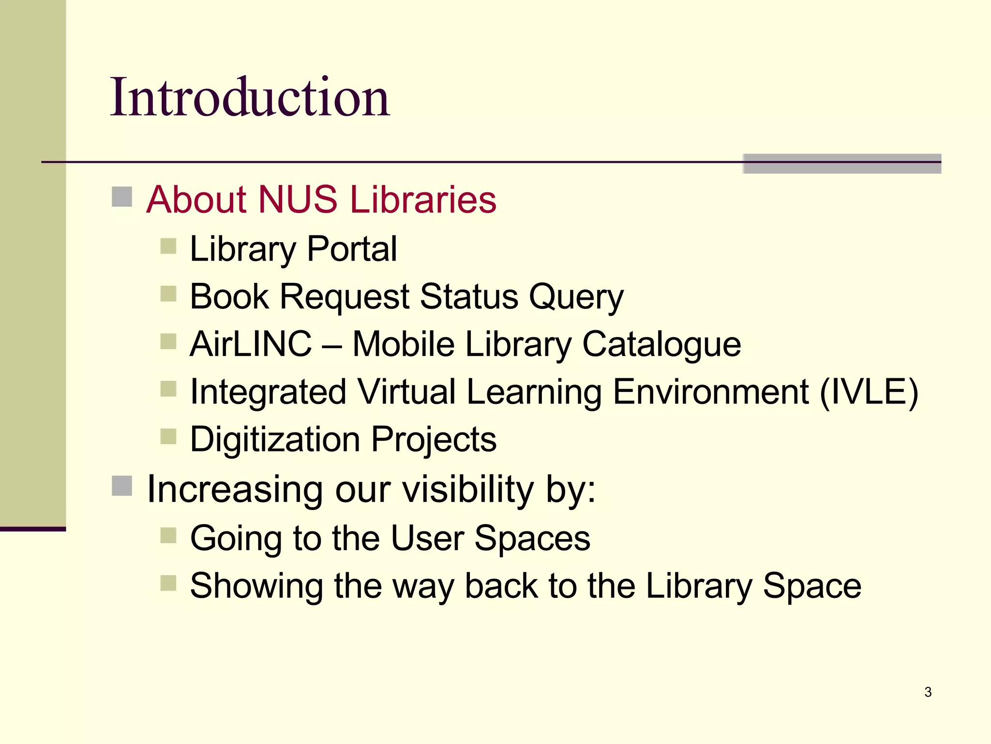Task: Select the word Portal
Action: [352, 249]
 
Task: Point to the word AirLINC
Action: [251, 344]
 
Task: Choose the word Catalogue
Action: [661, 344]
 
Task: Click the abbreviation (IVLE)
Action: [869, 391]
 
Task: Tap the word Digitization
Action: [275, 439]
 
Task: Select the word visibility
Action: [468, 489]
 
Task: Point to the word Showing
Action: [256, 586]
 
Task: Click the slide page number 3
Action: [928, 692]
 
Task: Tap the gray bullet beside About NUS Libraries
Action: [122, 197]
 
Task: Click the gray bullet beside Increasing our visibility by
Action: [122, 486]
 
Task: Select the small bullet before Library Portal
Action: [168, 246]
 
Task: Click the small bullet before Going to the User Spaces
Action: [168, 535]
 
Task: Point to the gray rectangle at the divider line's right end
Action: [841, 164]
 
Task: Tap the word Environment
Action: [710, 391]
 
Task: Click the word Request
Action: [345, 296]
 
